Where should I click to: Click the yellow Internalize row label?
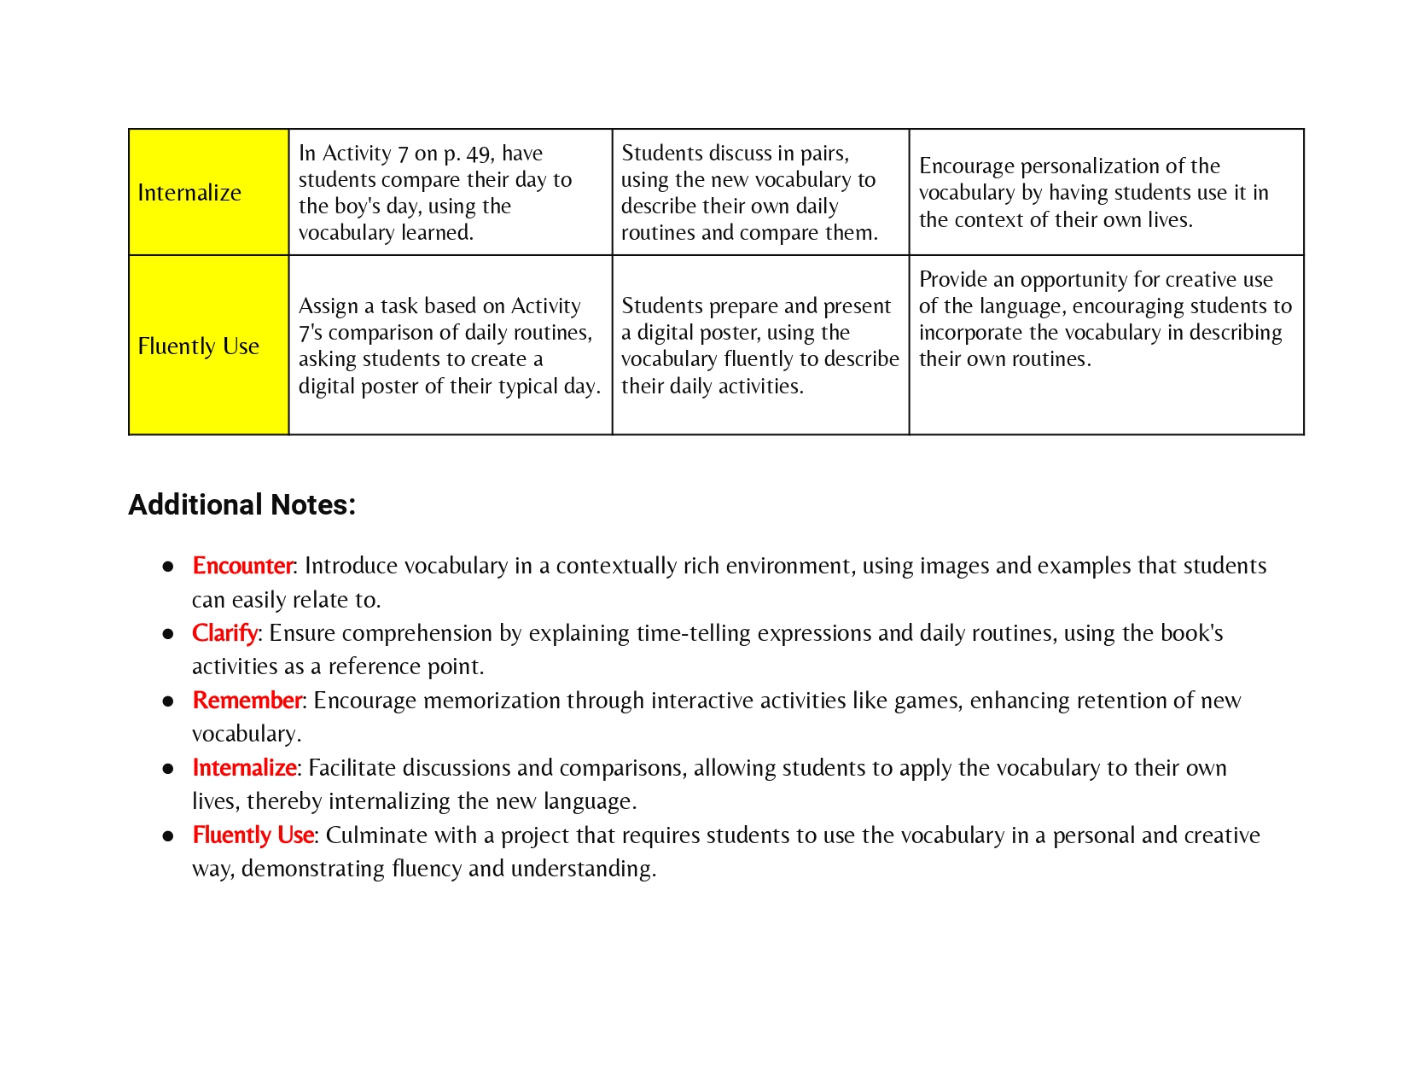click(x=189, y=193)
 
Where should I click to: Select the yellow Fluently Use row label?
click(x=198, y=346)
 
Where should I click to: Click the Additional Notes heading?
click(x=241, y=505)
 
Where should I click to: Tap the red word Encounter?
click(x=242, y=566)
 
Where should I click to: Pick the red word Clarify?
click(x=224, y=633)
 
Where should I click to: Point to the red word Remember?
click(x=247, y=701)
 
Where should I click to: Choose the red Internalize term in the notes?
click(x=244, y=768)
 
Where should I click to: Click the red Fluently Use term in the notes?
click(x=253, y=835)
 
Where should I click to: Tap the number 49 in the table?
click(x=478, y=154)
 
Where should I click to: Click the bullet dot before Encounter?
click(x=168, y=567)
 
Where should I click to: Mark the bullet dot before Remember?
click(x=168, y=701)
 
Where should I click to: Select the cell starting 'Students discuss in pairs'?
click(x=759, y=193)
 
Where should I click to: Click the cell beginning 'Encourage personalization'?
click(x=1106, y=193)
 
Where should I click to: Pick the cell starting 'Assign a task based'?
click(x=450, y=346)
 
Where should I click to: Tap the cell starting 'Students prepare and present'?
click(x=759, y=346)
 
